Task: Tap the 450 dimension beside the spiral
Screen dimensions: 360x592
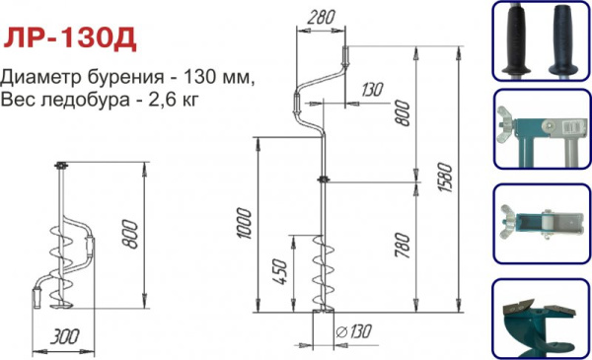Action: (x=279, y=270)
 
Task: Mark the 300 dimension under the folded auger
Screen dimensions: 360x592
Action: (x=65, y=337)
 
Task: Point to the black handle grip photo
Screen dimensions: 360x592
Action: (x=539, y=39)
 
